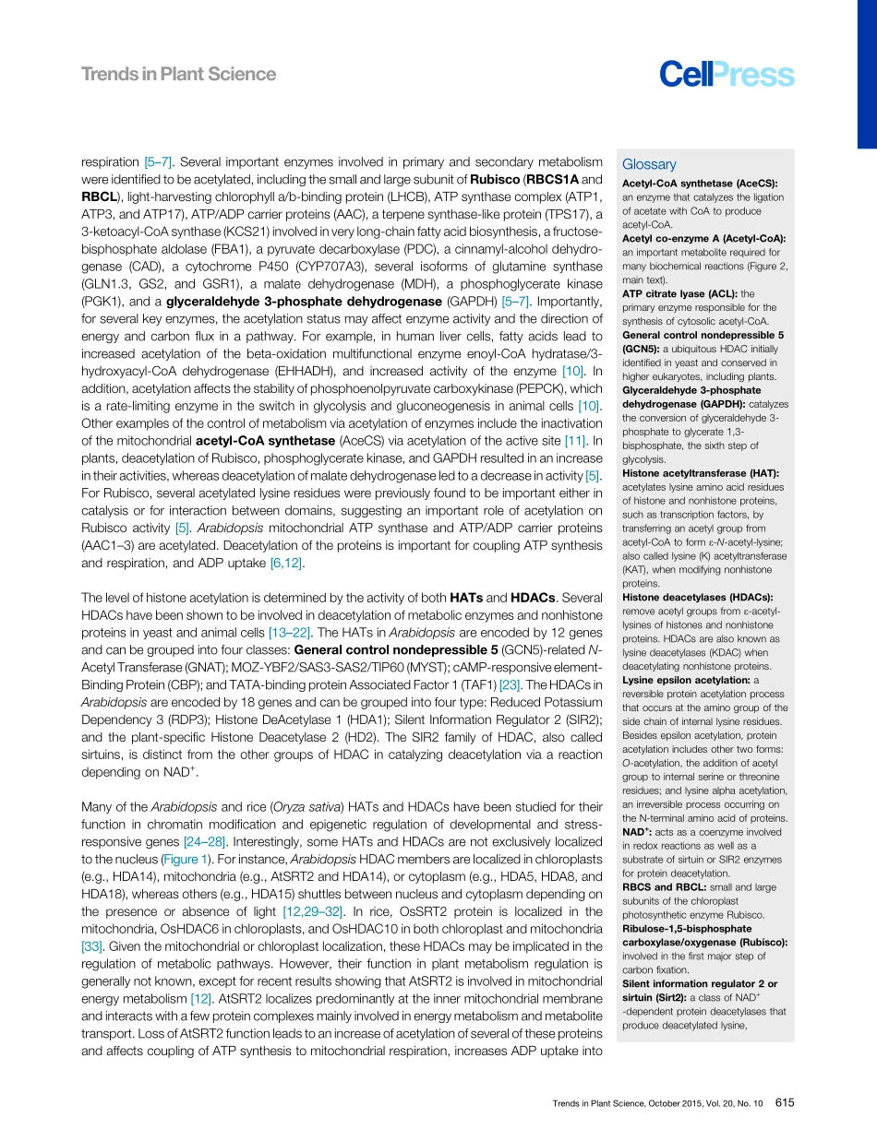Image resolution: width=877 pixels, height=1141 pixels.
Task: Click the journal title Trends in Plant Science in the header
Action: coord(178,74)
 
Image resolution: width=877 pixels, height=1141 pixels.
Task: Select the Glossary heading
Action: coord(649,164)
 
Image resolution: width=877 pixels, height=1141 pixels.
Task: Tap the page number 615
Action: coord(785,1102)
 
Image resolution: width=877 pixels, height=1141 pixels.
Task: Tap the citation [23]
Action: coord(510,683)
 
